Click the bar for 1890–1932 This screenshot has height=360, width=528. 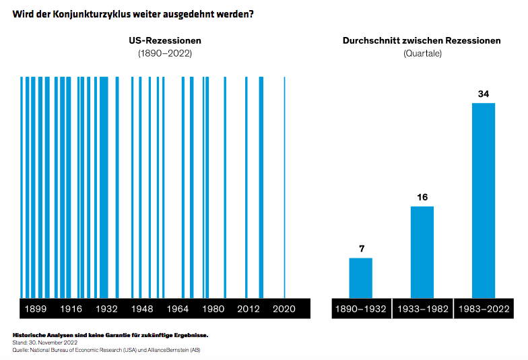pyautogui.click(x=360, y=277)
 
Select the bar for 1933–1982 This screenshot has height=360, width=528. pyautogui.click(x=422, y=252)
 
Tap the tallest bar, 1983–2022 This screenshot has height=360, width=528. pyautogui.click(x=483, y=200)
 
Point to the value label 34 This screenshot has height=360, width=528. pyautogui.click(x=483, y=94)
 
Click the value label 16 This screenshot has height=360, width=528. pyautogui.click(x=422, y=197)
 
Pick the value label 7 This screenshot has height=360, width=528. pyautogui.click(x=361, y=249)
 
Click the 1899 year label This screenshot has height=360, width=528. pyautogui.click(x=35, y=309)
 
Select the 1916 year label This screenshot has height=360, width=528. pyautogui.click(x=71, y=309)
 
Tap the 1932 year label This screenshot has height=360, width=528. pyautogui.click(x=106, y=309)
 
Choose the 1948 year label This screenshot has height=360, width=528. pyautogui.click(x=142, y=309)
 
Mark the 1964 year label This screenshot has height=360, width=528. pyautogui.click(x=178, y=309)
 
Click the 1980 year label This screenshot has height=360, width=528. pyautogui.click(x=213, y=309)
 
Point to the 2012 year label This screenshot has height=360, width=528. pyautogui.click(x=249, y=309)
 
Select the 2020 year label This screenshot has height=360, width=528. pyautogui.click(x=284, y=309)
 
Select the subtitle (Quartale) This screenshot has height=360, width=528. pyautogui.click(x=422, y=53)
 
